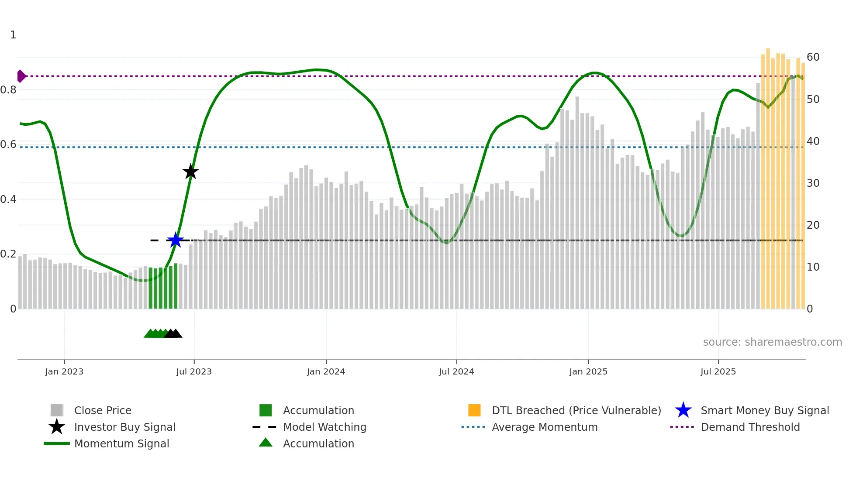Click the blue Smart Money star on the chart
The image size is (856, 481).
(x=175, y=240)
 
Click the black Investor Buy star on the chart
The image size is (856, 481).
(x=190, y=172)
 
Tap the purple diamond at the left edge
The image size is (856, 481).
(x=21, y=76)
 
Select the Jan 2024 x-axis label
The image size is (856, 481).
(x=326, y=372)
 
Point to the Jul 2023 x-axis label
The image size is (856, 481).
(x=194, y=372)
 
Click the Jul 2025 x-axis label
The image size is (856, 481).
(x=718, y=372)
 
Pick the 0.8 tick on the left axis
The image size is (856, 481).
(x=9, y=90)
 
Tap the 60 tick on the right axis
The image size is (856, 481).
(x=813, y=57)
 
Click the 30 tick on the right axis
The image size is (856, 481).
(x=813, y=183)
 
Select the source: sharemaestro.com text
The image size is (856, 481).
(x=772, y=342)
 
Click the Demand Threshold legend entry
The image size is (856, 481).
(x=750, y=427)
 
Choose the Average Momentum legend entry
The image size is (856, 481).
(x=544, y=427)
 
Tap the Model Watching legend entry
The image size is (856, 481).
(x=324, y=427)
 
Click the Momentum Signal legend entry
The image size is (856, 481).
(x=121, y=443)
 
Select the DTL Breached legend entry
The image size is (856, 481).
(x=576, y=410)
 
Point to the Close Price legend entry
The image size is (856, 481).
(x=103, y=410)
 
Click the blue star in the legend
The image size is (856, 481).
(x=683, y=410)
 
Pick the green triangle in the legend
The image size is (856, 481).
(x=266, y=443)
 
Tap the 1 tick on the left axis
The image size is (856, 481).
(x=13, y=35)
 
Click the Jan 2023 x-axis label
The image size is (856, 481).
(x=64, y=372)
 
